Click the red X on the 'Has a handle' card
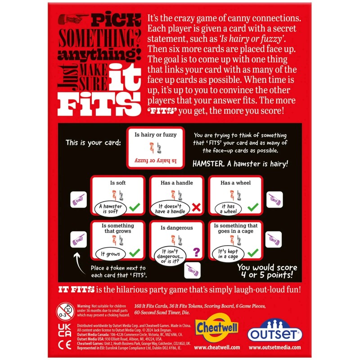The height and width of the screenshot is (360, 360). click(196, 207)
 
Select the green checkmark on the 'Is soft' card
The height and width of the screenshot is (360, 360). click(134, 207)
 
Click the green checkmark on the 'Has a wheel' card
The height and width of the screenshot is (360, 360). click(253, 207)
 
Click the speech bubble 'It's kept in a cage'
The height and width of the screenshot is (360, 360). click(229, 253)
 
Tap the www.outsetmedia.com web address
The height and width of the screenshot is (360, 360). click(275, 348)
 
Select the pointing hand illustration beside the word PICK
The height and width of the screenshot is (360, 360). click(74, 19)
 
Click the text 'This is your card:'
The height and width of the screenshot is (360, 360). click(93, 143)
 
